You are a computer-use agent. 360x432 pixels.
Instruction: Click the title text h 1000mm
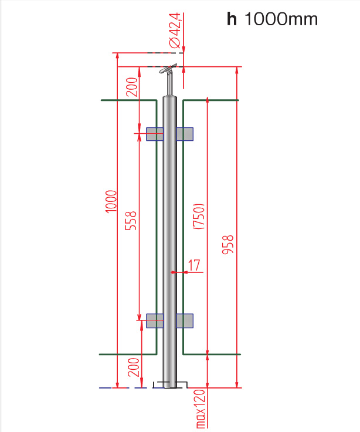[x=272, y=19]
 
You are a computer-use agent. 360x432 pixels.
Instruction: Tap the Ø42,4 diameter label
[x=175, y=31]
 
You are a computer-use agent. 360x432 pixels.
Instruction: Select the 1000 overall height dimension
[x=111, y=201]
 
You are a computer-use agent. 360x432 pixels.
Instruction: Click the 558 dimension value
[x=131, y=221]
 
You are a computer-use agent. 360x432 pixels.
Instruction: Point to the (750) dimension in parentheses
[x=199, y=217]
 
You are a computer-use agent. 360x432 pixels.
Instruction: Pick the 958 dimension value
[x=228, y=245]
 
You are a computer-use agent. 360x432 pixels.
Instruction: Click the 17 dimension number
[x=193, y=265]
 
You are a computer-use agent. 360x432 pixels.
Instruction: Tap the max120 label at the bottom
[x=201, y=409]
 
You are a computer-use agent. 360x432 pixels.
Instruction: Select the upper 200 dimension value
[x=131, y=87]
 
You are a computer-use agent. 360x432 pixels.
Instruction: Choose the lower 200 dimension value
[x=134, y=367]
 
